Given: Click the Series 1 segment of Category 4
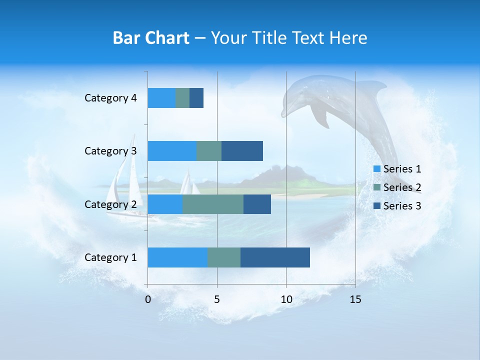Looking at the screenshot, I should coord(161,98).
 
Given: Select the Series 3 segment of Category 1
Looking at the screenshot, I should coord(275,257).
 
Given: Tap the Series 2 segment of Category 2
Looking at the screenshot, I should coord(213,204).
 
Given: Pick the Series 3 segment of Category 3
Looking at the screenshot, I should coord(242,151).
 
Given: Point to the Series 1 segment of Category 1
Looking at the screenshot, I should coord(177,257).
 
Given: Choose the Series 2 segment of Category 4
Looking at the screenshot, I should coord(182,98).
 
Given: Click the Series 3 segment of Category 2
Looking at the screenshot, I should coord(257,204).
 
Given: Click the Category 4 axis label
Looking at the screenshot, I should coord(110,98).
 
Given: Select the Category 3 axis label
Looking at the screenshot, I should coord(110,151).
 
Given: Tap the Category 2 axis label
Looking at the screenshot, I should coord(110,204).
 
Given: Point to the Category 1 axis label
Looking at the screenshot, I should coord(110,257).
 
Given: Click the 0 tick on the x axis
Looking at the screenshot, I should coord(148,299).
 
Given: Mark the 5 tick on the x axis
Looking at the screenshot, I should coord(217,299).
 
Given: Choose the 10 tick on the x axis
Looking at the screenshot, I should coord(286,299).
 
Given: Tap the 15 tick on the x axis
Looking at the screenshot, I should coord(355,299).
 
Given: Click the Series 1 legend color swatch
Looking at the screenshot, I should coord(377,169).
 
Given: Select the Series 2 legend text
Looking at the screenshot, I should coord(402,187).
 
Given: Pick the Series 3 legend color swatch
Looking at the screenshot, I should coord(377,206).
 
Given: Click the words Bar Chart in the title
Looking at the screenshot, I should coord(151,38).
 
